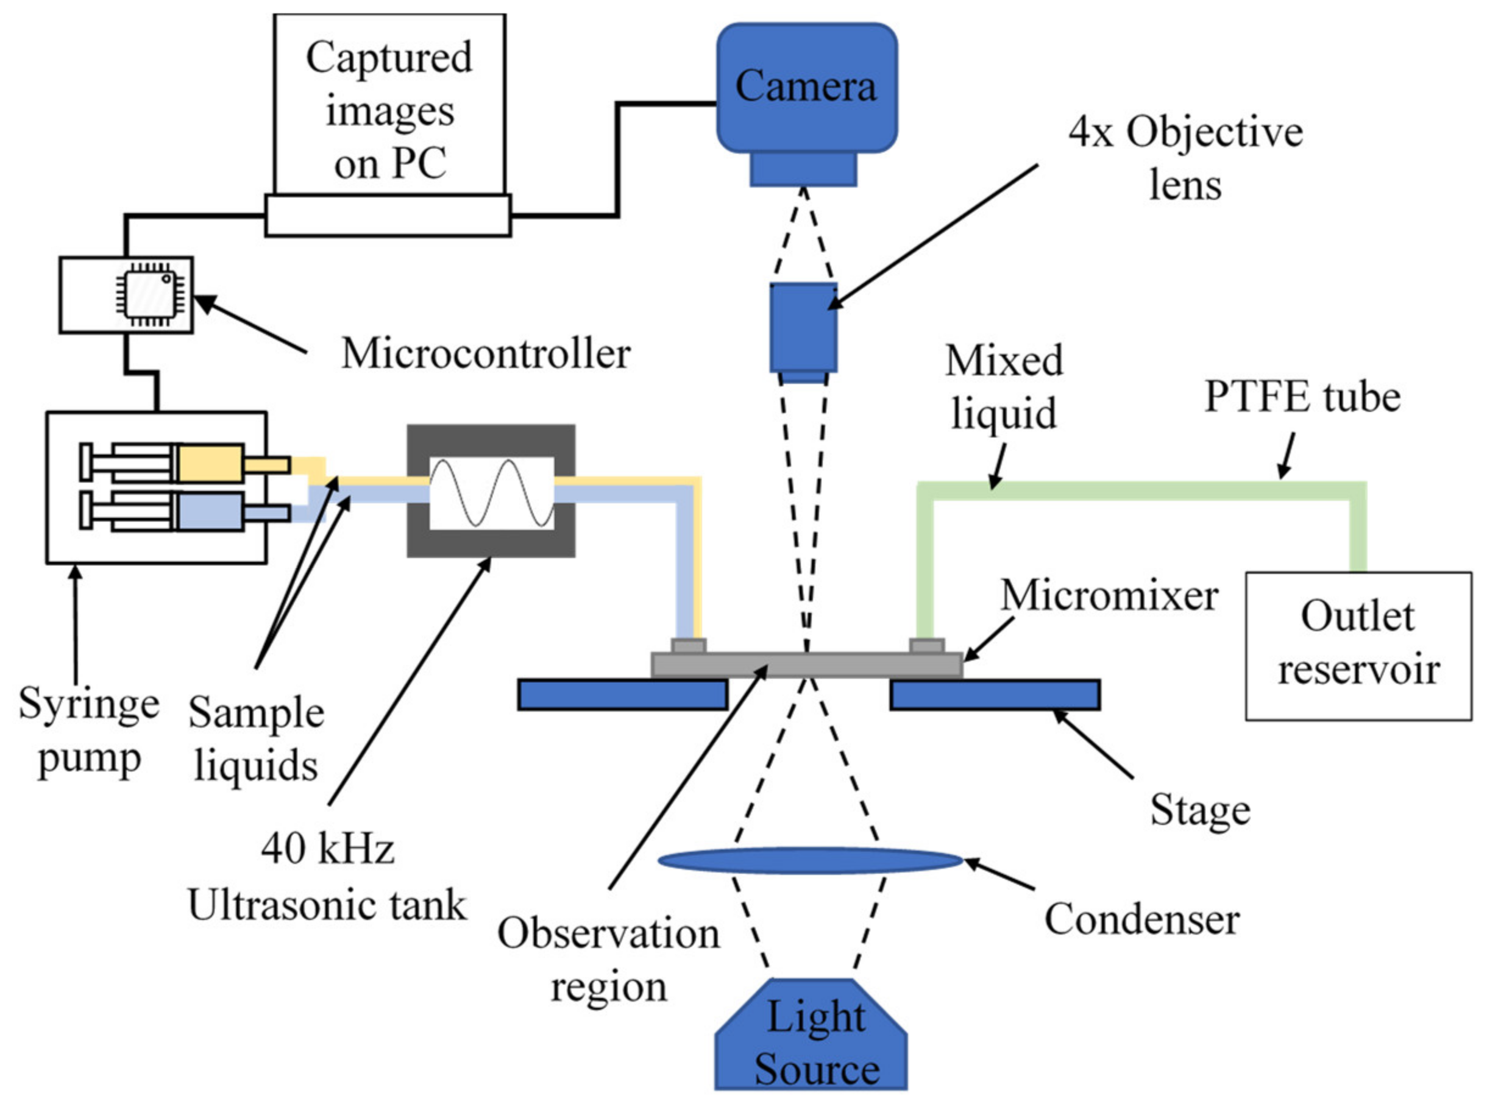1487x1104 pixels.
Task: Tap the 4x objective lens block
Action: (x=803, y=332)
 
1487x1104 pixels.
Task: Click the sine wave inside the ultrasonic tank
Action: (x=491, y=493)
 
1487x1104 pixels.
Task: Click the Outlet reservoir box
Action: (x=1358, y=646)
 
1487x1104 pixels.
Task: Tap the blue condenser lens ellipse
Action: (x=810, y=861)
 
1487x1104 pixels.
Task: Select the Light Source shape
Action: (x=811, y=1034)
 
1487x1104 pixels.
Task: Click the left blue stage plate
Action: (x=622, y=695)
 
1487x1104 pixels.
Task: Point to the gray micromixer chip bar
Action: (x=807, y=665)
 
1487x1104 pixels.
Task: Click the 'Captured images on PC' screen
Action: (x=389, y=104)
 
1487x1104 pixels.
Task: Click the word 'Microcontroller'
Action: (x=486, y=353)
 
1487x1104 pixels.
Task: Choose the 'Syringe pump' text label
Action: (x=89, y=731)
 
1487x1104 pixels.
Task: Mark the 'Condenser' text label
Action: (x=1142, y=919)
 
